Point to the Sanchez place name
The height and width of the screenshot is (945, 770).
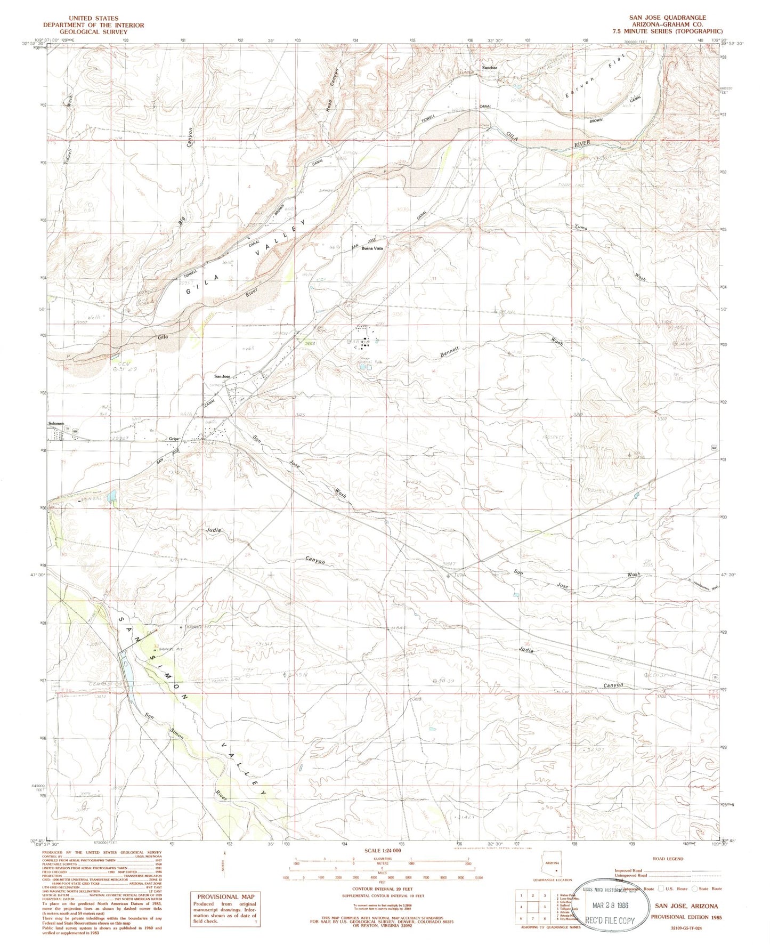(490, 68)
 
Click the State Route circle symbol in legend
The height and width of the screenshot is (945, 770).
(694, 889)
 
